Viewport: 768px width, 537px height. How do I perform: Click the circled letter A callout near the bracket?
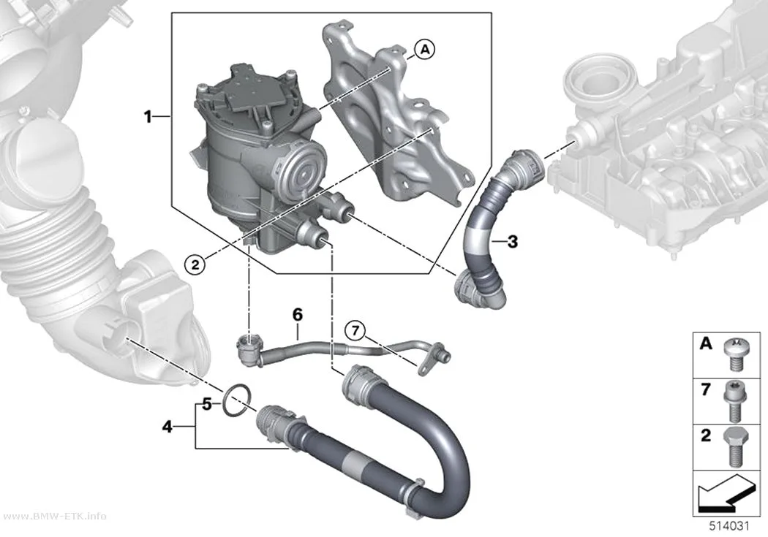[425, 50]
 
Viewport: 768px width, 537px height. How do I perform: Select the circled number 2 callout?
[195, 264]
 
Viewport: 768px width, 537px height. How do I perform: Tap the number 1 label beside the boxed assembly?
[148, 117]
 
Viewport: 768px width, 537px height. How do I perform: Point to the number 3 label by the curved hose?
[512, 241]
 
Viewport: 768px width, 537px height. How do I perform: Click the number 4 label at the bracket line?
[167, 427]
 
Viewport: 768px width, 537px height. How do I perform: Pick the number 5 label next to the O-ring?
[207, 405]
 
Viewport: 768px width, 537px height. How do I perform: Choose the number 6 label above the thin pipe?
[298, 314]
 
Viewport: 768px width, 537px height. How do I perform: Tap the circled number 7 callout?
[355, 331]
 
